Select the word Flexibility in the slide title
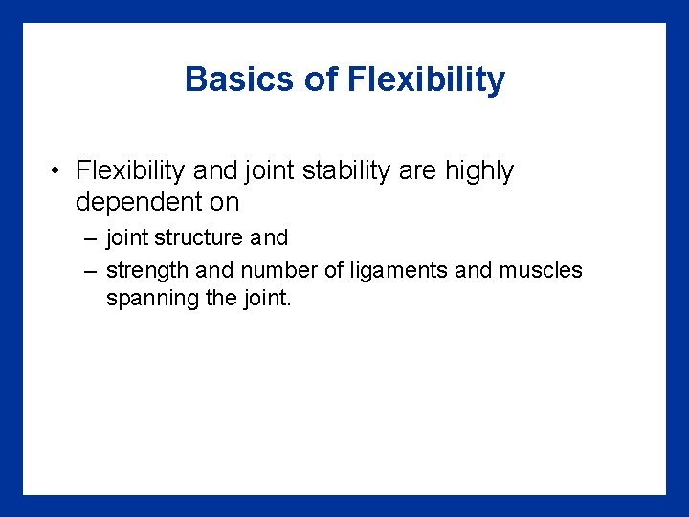[427, 79]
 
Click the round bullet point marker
[58, 172]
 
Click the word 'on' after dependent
[227, 202]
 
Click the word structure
[193, 237]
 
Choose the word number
[278, 270]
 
